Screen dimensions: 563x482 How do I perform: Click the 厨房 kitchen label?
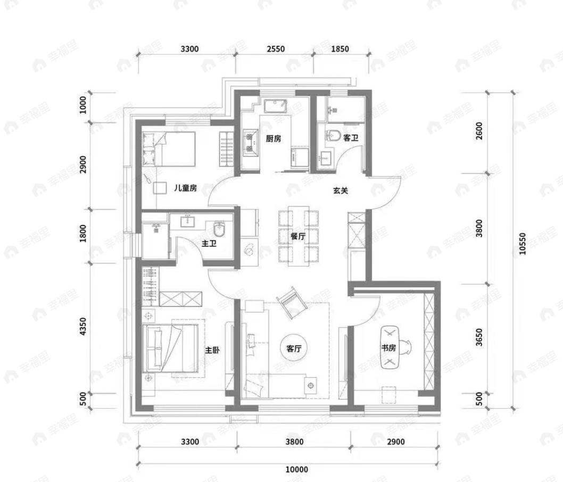click(x=273, y=138)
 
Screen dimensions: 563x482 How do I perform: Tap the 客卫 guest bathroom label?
click(x=351, y=138)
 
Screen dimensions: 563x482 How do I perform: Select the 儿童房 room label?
click(x=185, y=188)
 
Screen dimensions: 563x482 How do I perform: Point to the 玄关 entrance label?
click(x=341, y=190)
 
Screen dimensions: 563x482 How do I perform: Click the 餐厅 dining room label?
click(x=297, y=236)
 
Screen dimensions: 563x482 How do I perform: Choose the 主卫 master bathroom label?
click(x=209, y=244)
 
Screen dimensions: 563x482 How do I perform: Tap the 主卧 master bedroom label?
click(x=212, y=350)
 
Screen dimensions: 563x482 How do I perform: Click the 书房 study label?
click(x=388, y=347)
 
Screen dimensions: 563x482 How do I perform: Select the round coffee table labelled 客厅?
click(x=294, y=348)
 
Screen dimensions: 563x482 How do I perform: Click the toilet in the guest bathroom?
click(x=333, y=135)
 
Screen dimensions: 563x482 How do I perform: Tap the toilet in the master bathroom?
click(x=219, y=229)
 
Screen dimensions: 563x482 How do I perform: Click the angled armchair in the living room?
click(x=292, y=303)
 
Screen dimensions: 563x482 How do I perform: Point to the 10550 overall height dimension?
click(x=521, y=244)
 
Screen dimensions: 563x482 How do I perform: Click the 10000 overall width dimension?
click(x=297, y=469)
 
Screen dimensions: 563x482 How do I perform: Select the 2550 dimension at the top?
click(x=276, y=48)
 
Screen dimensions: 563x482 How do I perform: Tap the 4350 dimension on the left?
click(x=83, y=326)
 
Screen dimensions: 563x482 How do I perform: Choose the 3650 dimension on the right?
click(x=479, y=337)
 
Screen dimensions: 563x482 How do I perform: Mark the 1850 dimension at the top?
click(x=340, y=48)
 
